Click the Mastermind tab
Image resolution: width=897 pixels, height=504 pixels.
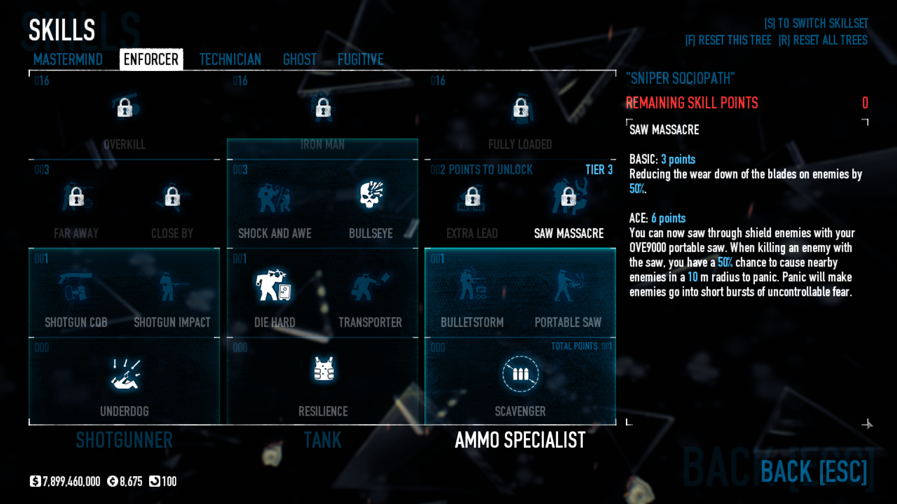pyautogui.click(x=68, y=59)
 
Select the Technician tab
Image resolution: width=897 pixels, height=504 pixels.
pyautogui.click(x=230, y=59)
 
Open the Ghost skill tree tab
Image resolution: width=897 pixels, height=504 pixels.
pyautogui.click(x=300, y=59)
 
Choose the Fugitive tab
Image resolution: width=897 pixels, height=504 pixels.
pyautogui.click(x=360, y=59)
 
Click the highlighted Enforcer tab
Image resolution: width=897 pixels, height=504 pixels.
pyautogui.click(x=151, y=59)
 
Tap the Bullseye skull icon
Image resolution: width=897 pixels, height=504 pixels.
pyautogui.click(x=371, y=195)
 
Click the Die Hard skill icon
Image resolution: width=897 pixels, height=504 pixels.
pyautogui.click(x=274, y=285)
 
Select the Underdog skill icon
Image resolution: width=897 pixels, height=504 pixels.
pyautogui.click(x=125, y=374)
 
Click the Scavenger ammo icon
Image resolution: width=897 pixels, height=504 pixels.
pyautogui.click(x=520, y=374)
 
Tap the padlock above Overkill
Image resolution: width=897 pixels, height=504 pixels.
pyautogui.click(x=125, y=107)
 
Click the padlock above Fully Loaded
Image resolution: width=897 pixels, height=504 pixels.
pyautogui.click(x=521, y=108)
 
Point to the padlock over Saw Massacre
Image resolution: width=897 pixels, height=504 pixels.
pyautogui.click(x=568, y=197)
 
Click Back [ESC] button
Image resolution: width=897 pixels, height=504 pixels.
pyautogui.click(x=813, y=471)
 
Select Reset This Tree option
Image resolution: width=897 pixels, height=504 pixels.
pyautogui.click(x=728, y=40)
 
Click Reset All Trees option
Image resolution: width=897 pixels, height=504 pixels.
pyautogui.click(x=823, y=40)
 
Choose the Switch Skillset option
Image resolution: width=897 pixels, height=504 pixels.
pyautogui.click(x=816, y=23)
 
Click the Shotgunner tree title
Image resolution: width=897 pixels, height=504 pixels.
pyautogui.click(x=124, y=440)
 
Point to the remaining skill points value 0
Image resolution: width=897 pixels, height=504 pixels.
pyautogui.click(x=865, y=103)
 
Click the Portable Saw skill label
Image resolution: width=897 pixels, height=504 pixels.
pyautogui.click(x=568, y=322)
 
